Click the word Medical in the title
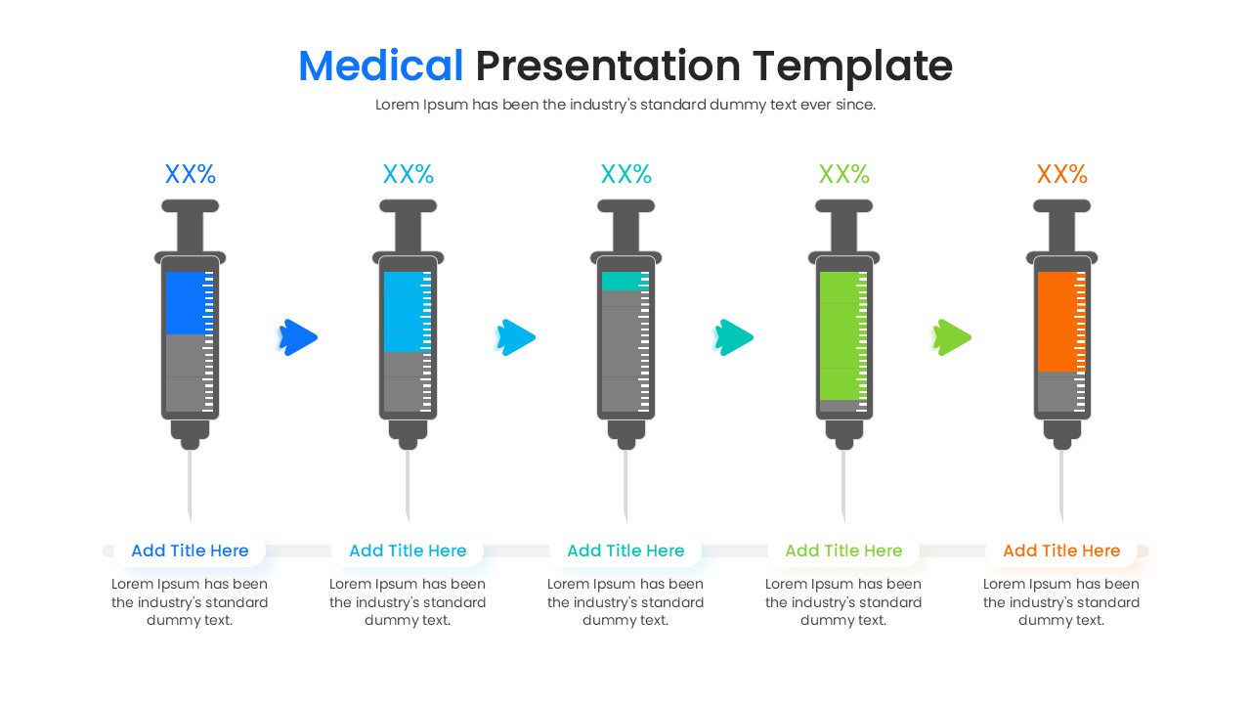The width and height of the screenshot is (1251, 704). (380, 66)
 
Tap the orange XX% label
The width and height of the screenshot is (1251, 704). (1061, 174)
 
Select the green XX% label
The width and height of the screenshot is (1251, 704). (843, 174)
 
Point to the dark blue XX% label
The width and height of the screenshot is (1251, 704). (190, 174)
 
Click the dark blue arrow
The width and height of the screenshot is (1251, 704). (299, 337)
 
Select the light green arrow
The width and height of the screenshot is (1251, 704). (952, 337)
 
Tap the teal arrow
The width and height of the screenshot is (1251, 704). (734, 337)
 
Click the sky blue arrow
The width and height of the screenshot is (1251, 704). (516, 337)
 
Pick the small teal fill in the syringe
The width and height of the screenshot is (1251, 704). (621, 282)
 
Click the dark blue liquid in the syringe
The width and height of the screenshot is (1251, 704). (185, 303)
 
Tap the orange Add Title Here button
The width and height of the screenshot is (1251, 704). (1061, 550)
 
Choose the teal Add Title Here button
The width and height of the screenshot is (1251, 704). (625, 550)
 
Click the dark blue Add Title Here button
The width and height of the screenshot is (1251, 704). (190, 550)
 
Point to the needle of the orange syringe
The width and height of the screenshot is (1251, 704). (1061, 484)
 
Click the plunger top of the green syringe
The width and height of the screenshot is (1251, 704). (843, 206)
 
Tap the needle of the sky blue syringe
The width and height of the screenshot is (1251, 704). (408, 484)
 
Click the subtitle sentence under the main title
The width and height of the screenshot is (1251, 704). (625, 105)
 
